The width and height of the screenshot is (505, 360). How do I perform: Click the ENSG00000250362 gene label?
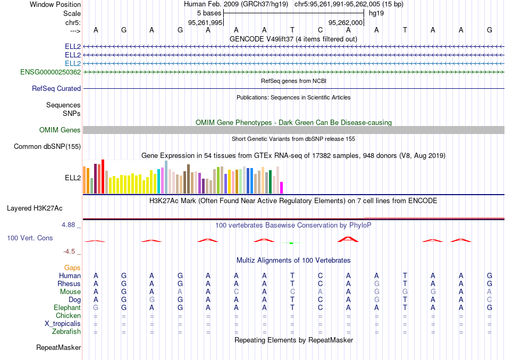tap(50, 72)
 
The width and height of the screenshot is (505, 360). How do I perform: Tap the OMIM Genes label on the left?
tap(60, 130)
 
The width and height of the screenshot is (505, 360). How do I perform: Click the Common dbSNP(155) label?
tap(47, 146)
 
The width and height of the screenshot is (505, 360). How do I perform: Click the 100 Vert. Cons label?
tap(30, 238)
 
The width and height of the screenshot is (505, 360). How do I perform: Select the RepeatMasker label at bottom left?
tap(58, 348)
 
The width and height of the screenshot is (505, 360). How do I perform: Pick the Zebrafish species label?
tap(66, 332)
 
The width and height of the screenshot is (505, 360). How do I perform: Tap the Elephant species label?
tap(67, 308)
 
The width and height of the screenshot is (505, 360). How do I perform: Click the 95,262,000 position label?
tap(346, 23)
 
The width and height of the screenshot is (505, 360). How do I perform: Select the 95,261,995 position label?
tap(205, 23)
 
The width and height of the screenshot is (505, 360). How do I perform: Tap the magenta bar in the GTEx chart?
tap(282, 188)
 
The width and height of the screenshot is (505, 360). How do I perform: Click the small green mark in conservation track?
tap(291, 243)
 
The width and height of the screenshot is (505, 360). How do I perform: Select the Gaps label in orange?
tap(72, 267)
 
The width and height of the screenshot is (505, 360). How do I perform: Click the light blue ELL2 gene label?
tap(73, 63)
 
